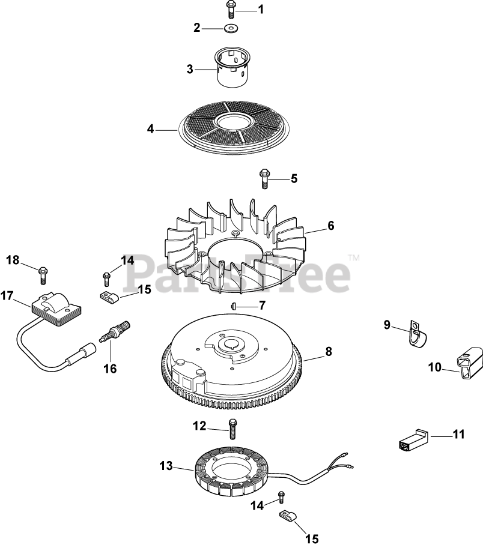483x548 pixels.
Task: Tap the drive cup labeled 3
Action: pos(232,68)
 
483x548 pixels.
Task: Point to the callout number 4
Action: pos(151,129)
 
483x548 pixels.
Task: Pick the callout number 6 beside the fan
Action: pos(330,226)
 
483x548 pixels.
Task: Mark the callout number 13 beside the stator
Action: pos(166,466)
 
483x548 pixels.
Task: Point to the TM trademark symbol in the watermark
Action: pos(354,258)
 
